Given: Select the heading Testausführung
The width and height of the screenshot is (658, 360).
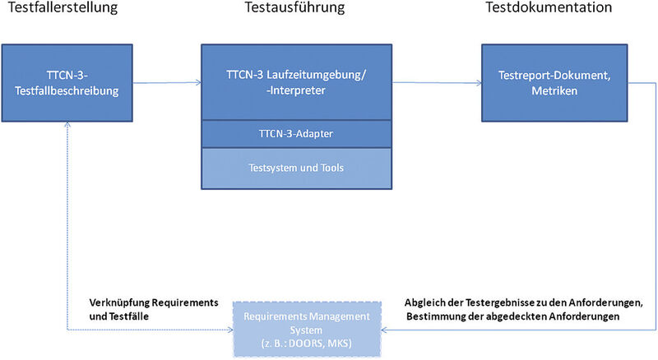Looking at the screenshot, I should (x=294, y=9).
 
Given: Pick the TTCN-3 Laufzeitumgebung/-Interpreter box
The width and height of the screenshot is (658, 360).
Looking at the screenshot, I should (x=294, y=82).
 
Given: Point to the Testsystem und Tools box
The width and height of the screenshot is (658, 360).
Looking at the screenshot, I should (x=294, y=168).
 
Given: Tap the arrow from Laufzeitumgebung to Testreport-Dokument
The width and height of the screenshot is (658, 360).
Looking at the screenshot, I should (x=435, y=82).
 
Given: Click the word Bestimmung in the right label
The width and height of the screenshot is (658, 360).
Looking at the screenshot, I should (x=437, y=315).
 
